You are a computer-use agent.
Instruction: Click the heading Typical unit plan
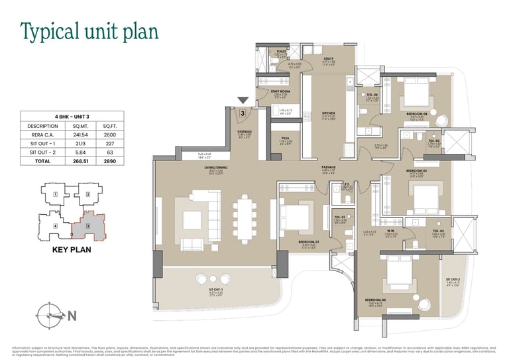pyautogui.click(x=89, y=31)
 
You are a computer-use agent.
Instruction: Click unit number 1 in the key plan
pyautogui.click(x=56, y=195)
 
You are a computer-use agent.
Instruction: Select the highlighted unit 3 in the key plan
pyautogui.click(x=88, y=227)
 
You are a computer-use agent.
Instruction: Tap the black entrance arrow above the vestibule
pyautogui.click(x=243, y=101)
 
